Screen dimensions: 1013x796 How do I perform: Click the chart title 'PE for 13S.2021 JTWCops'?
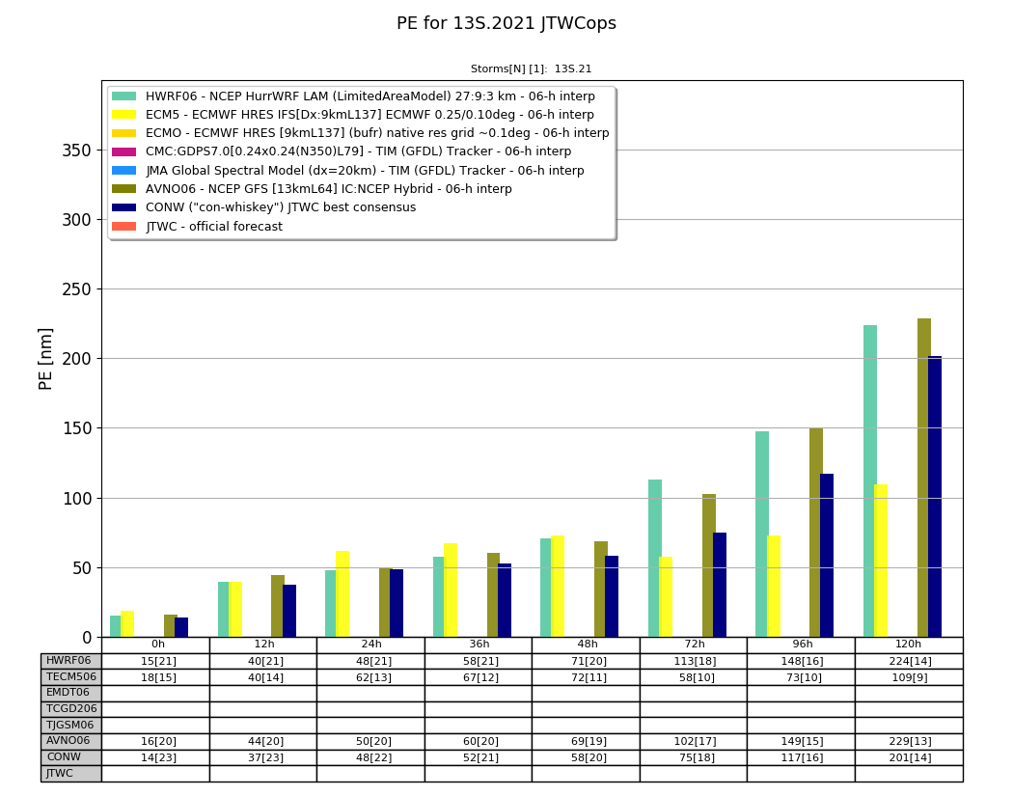click(x=506, y=23)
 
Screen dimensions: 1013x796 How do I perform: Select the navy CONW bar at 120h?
click(x=934, y=496)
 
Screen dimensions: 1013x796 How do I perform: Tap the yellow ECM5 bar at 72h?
click(x=666, y=597)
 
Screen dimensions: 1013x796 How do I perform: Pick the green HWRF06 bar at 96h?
click(x=762, y=535)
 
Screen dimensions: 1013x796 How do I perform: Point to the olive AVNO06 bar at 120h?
click(x=924, y=478)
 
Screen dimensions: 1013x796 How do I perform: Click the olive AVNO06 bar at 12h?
click(x=278, y=606)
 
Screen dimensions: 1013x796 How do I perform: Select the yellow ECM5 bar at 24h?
click(x=342, y=594)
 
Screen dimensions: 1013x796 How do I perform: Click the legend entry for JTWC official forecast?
click(x=197, y=226)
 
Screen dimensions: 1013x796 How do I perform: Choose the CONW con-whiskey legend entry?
click(x=263, y=207)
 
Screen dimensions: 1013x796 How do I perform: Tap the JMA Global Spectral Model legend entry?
click(x=347, y=171)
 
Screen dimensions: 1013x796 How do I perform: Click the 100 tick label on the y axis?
click(x=77, y=498)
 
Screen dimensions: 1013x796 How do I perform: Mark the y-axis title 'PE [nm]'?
click(x=45, y=359)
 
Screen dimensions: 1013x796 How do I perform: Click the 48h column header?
click(x=586, y=645)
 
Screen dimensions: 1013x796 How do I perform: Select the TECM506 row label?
click(x=71, y=677)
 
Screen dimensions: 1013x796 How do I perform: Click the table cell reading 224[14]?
click(x=909, y=661)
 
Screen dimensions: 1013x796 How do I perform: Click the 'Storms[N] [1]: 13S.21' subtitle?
click(x=531, y=69)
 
